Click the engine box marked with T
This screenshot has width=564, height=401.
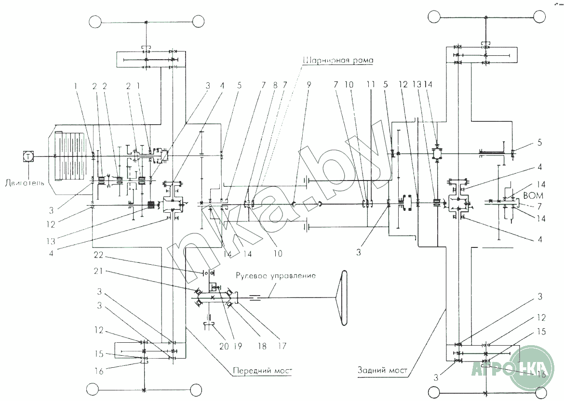pos(28,156)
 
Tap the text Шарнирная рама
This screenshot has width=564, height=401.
pos(339,61)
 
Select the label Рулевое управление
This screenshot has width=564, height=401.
pos(276,276)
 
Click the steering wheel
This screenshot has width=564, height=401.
pos(344,298)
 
